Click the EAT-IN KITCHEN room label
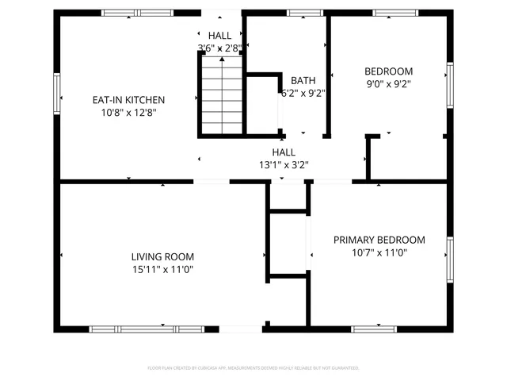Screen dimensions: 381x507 (x=129, y=100)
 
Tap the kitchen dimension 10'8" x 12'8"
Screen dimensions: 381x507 (x=129, y=113)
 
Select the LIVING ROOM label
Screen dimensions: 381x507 (x=162, y=256)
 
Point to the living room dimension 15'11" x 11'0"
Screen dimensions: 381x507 (x=162, y=269)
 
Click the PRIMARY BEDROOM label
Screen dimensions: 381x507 (x=379, y=240)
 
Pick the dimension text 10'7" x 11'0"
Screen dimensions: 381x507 (x=379, y=252)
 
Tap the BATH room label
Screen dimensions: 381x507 (x=303, y=80)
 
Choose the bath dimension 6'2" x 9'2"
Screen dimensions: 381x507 (x=303, y=92)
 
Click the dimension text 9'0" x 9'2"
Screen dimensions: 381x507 (x=388, y=83)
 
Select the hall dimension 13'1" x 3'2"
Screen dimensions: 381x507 (x=284, y=165)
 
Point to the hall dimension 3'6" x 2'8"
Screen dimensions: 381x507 (x=219, y=48)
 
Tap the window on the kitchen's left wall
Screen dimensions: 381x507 (x=56, y=93)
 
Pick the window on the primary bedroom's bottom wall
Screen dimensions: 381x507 (x=374, y=329)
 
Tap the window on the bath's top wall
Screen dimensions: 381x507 (x=299, y=13)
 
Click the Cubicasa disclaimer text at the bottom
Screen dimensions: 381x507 (x=253, y=368)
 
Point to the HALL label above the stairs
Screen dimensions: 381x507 (x=220, y=36)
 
